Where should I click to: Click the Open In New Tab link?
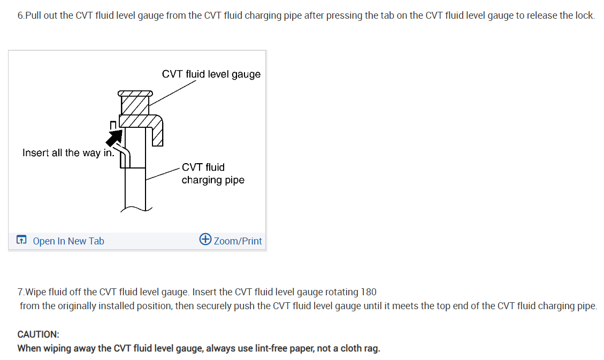click(x=68, y=241)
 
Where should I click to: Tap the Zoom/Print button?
click(x=238, y=241)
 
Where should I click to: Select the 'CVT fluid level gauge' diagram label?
click(x=211, y=74)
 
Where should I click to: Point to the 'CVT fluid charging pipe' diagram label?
click(x=212, y=174)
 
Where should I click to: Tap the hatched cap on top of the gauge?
click(x=135, y=94)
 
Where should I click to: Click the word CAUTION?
click(x=39, y=334)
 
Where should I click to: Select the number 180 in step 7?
click(x=369, y=292)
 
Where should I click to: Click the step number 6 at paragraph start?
click(x=20, y=16)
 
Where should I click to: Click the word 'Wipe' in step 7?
click(x=36, y=292)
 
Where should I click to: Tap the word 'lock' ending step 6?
click(x=584, y=16)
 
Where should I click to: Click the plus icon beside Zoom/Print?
click(x=205, y=239)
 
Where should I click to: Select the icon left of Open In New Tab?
click(x=21, y=241)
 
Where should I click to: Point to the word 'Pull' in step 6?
click(x=33, y=16)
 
